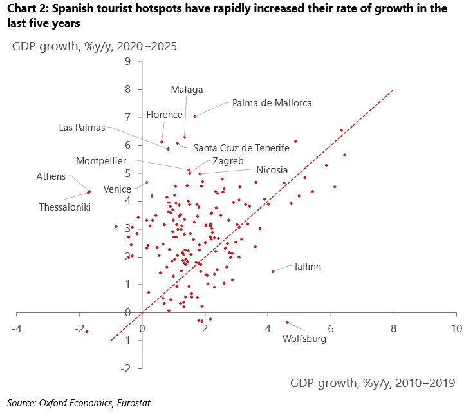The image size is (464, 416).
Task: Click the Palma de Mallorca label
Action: point(272,102)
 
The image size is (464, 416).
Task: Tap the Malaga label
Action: point(187,90)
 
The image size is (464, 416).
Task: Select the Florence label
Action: point(164,115)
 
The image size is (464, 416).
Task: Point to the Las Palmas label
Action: point(82,127)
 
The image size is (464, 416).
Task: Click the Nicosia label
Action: point(272,171)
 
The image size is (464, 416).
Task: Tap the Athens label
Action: point(51,176)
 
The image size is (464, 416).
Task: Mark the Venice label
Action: point(117,189)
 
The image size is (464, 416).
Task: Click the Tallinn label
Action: point(307,266)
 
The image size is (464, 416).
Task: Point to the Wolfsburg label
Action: point(304,339)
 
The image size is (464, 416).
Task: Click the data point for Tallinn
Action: point(273,271)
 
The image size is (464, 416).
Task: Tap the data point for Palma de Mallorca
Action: point(194,117)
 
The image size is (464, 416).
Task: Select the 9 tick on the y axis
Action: point(128,61)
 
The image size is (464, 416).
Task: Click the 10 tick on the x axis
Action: point(456,328)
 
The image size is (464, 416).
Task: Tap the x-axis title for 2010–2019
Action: point(373,383)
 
